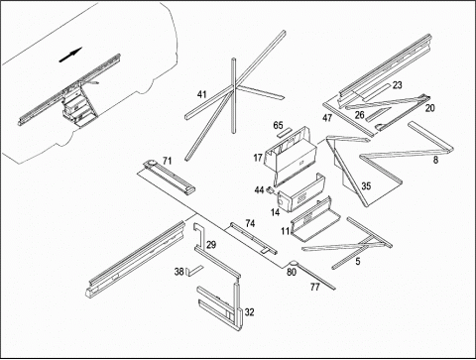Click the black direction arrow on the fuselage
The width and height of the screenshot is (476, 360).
[70, 55]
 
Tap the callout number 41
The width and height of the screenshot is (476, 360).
[201, 94]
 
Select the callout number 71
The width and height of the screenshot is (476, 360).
[168, 161]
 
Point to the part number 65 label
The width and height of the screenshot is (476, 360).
[279, 125]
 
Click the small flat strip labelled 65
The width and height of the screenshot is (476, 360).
[285, 133]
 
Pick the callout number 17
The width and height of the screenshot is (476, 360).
[258, 158]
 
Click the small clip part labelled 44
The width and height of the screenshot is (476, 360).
[271, 190]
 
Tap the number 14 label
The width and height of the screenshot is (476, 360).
[275, 212]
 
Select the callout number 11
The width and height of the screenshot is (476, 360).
[286, 231]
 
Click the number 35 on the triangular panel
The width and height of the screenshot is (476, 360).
[366, 186]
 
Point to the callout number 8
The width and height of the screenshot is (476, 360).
[435, 160]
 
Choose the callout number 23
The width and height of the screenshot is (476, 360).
[397, 85]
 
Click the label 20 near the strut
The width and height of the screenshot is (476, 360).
[429, 108]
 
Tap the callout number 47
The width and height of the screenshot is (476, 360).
[327, 118]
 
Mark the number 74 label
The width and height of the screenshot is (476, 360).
[250, 224]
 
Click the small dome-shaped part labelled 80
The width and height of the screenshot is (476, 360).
[294, 264]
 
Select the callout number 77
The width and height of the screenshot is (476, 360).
[315, 287]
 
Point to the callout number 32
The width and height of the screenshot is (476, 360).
[250, 312]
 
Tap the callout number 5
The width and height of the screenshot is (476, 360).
[358, 262]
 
